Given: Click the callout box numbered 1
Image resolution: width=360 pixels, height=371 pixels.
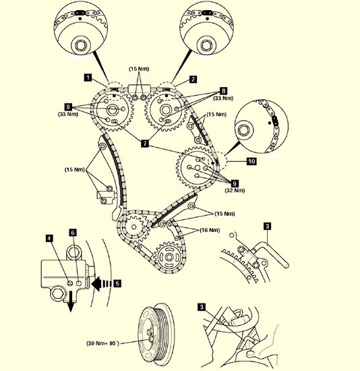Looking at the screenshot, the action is click(x=88, y=78).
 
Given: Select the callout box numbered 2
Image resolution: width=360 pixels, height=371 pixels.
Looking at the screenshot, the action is click(x=193, y=80).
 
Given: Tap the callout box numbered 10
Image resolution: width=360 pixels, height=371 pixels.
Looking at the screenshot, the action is click(x=251, y=161).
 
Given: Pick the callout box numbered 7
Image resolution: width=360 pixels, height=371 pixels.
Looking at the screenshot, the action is click(x=145, y=143).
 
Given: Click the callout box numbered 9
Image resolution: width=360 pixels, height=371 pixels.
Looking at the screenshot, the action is click(x=235, y=183).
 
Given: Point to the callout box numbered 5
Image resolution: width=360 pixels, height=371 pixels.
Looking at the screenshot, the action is click(x=117, y=283).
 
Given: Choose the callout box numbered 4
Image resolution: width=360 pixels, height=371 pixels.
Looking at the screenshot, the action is click(x=49, y=238).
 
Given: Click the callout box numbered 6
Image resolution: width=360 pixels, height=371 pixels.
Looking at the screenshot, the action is click(x=73, y=233).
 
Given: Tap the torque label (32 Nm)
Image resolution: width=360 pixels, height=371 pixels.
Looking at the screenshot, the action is click(x=235, y=190).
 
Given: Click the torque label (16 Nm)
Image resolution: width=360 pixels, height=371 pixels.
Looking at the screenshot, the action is click(x=210, y=230).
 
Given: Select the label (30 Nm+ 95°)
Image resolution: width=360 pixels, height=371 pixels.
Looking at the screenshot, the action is click(x=102, y=343).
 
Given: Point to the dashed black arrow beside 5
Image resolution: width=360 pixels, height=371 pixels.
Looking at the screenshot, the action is click(x=102, y=283).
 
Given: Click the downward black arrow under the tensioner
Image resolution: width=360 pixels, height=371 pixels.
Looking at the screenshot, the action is click(x=71, y=302).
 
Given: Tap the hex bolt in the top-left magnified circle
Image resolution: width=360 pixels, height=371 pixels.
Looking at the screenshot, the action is click(x=80, y=45).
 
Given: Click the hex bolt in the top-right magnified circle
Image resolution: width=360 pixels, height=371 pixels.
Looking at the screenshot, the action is click(x=206, y=45).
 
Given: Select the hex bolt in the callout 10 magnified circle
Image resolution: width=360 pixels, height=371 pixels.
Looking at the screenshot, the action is click(x=243, y=130).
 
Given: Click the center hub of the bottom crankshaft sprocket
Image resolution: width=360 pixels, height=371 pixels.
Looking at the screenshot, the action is click(x=169, y=257).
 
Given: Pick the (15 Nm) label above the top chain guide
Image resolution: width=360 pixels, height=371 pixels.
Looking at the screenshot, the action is click(x=139, y=69).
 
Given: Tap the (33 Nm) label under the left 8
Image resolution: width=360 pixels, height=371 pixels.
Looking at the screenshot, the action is click(x=68, y=114).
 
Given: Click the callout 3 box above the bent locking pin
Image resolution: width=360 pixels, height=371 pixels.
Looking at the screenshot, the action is click(x=267, y=226).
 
